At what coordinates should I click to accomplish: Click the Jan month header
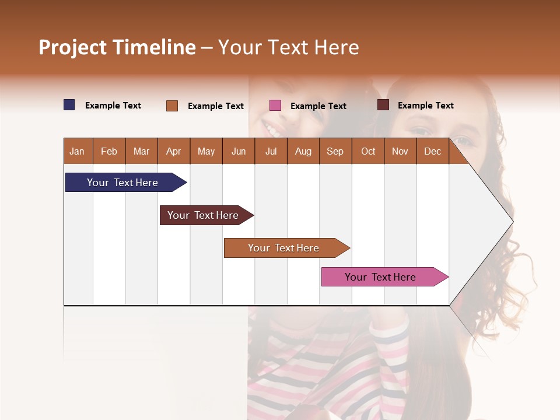[x=77, y=151]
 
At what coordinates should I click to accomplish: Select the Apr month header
[x=173, y=151]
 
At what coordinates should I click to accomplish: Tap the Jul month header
[x=271, y=151]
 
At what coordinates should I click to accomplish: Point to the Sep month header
[x=335, y=151]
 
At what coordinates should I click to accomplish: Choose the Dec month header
[x=432, y=151]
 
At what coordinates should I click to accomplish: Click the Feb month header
[x=109, y=151]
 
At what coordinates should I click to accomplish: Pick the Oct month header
[x=368, y=151]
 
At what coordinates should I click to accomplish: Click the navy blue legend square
[x=69, y=105]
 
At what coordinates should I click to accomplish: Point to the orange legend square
[x=172, y=106]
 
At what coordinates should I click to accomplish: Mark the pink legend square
[x=275, y=106]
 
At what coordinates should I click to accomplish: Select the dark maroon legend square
[x=383, y=105]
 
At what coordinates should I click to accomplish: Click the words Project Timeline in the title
[x=117, y=47]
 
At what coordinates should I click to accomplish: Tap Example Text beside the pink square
[x=318, y=106]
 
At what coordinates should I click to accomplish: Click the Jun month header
[x=239, y=151]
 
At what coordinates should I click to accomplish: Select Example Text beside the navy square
[x=113, y=106]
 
